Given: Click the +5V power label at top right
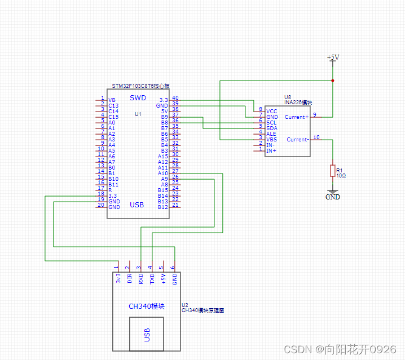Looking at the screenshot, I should (x=333, y=57).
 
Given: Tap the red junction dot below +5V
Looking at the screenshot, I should (x=333, y=81).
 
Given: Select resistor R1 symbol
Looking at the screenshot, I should (x=333, y=170).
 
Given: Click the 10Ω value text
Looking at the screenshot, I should (x=341, y=176).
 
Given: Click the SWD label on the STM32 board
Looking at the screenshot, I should (x=138, y=98).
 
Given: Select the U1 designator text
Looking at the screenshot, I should (x=138, y=114).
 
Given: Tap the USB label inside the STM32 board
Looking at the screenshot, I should (x=137, y=205).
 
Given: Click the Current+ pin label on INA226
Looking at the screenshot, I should (x=296, y=117).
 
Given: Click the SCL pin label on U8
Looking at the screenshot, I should (x=271, y=122).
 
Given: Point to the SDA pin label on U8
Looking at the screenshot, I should (x=271, y=128).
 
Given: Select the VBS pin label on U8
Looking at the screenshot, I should (x=271, y=139).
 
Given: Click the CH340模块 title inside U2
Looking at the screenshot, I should (x=146, y=306).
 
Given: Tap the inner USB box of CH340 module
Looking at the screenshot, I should (x=147, y=334).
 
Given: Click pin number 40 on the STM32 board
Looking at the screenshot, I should (x=175, y=98).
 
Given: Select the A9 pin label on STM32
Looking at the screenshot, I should (x=164, y=179).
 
